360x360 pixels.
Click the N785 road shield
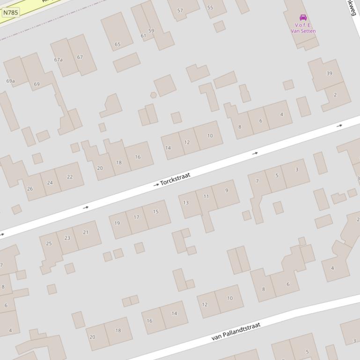point(10,13)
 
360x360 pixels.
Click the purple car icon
point(303,18)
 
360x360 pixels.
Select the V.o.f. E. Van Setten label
point(303,28)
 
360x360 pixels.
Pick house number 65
point(118,45)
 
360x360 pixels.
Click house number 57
point(180,11)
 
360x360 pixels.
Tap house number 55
point(210,8)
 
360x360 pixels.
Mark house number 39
point(329,73)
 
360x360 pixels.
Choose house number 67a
point(58,60)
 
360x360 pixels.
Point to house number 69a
point(10,81)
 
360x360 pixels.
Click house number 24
point(50,183)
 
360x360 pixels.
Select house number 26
point(30,189)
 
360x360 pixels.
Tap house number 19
point(117,223)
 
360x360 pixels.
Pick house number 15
point(156,212)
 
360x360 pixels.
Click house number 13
point(186,203)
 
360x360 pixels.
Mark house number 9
point(227,190)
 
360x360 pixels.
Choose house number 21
point(86,232)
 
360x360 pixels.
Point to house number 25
point(49,244)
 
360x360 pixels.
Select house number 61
point(143,36)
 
